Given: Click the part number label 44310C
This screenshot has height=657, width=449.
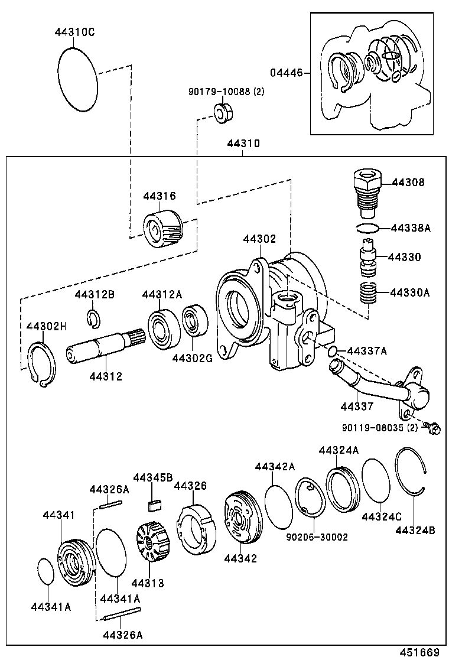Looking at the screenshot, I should pyautogui.click(x=74, y=32).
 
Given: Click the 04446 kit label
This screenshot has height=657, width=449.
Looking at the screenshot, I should pyautogui.click(x=286, y=73).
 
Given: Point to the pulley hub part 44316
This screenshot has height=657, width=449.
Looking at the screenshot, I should pyautogui.click(x=163, y=229).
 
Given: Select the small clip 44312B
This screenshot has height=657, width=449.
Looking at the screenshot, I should pyautogui.click(x=93, y=317).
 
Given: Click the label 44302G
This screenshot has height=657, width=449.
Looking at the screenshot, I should pyautogui.click(x=192, y=358).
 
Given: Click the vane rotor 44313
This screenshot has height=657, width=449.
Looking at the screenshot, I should pyautogui.click(x=150, y=542).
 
